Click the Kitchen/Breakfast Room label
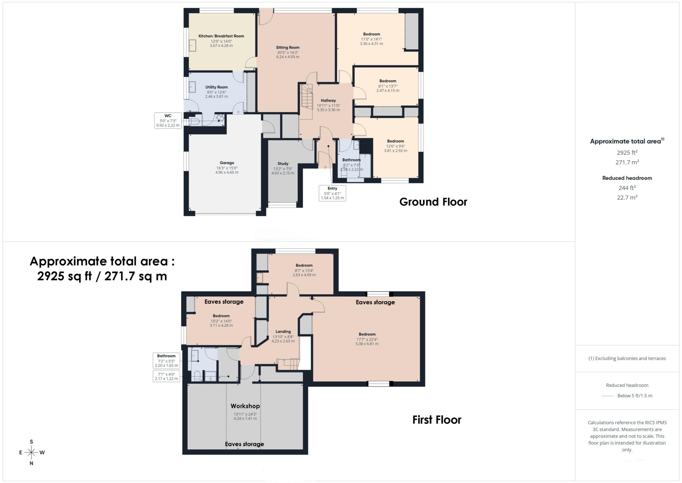point(221,36)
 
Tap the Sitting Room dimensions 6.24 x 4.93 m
point(287,57)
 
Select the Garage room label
point(227,163)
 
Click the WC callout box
point(168,121)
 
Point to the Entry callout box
point(332,193)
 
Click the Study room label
point(283,164)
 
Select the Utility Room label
point(216,87)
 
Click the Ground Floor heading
point(433,202)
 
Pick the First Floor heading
point(437,420)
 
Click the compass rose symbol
point(31,452)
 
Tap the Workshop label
point(245,406)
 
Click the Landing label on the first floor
point(283,331)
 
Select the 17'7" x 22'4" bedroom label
point(367,334)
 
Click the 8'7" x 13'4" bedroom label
point(304,266)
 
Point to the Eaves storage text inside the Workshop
point(244,444)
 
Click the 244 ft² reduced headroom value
point(627,188)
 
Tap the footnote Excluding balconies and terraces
point(627,358)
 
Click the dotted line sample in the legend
point(608,396)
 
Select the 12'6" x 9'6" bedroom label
point(395,141)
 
